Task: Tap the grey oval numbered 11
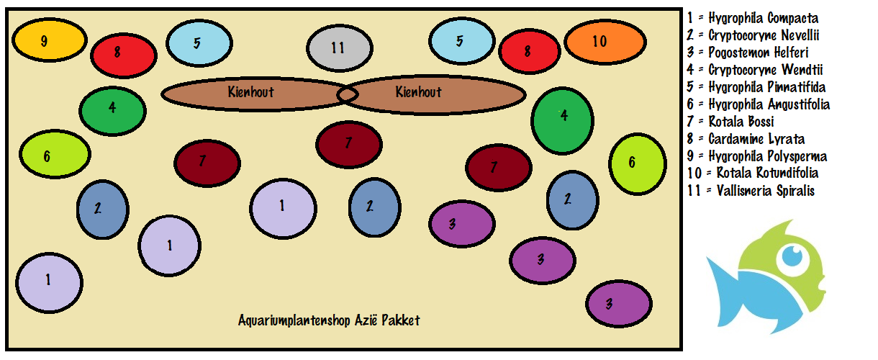(339, 48)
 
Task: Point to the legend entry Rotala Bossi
(730, 122)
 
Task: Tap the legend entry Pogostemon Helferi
(748, 53)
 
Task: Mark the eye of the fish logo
(792, 255)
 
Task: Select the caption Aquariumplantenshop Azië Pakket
(329, 320)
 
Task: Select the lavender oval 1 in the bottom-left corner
(49, 281)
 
